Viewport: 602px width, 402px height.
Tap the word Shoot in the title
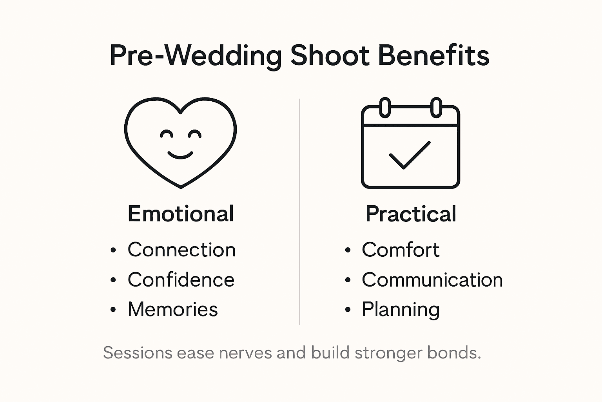point(330,55)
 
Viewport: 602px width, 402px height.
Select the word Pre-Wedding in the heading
point(195,55)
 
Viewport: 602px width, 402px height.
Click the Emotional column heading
point(181,214)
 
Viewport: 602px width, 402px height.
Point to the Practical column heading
point(411,214)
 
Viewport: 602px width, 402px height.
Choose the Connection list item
point(181,250)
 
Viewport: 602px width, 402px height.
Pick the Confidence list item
point(181,280)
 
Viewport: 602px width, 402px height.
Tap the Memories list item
point(172,309)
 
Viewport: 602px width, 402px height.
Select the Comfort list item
point(401,250)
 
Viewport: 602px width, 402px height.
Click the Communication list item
point(432,280)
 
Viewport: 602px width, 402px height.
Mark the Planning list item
point(401,309)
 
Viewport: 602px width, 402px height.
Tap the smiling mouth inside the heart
point(180,155)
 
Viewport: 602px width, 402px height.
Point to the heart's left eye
point(167,134)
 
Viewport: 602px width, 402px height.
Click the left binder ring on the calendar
point(385,107)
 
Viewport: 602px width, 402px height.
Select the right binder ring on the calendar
point(436,107)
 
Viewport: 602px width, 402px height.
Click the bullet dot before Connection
point(113,250)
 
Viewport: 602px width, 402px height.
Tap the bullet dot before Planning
point(348,310)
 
